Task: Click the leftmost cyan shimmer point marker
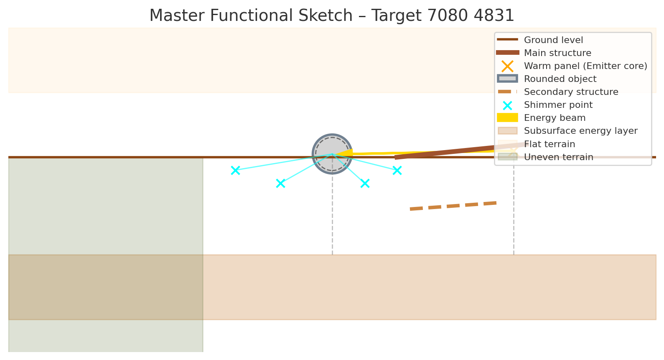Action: (235, 170)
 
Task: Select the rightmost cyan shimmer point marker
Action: (397, 170)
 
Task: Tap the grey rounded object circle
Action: (332, 154)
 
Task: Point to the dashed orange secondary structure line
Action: (453, 206)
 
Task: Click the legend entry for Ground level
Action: (553, 40)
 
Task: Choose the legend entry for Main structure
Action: (557, 53)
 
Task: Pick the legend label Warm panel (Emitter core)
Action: (585, 66)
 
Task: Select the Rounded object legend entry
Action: (560, 79)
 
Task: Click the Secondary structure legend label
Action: (571, 92)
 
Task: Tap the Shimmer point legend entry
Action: (558, 105)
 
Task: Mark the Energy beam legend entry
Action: (555, 118)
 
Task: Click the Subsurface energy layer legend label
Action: (580, 131)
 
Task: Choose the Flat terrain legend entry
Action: (550, 144)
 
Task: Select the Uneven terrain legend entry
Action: (558, 157)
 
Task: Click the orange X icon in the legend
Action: (507, 66)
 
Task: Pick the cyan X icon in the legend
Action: (507, 105)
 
